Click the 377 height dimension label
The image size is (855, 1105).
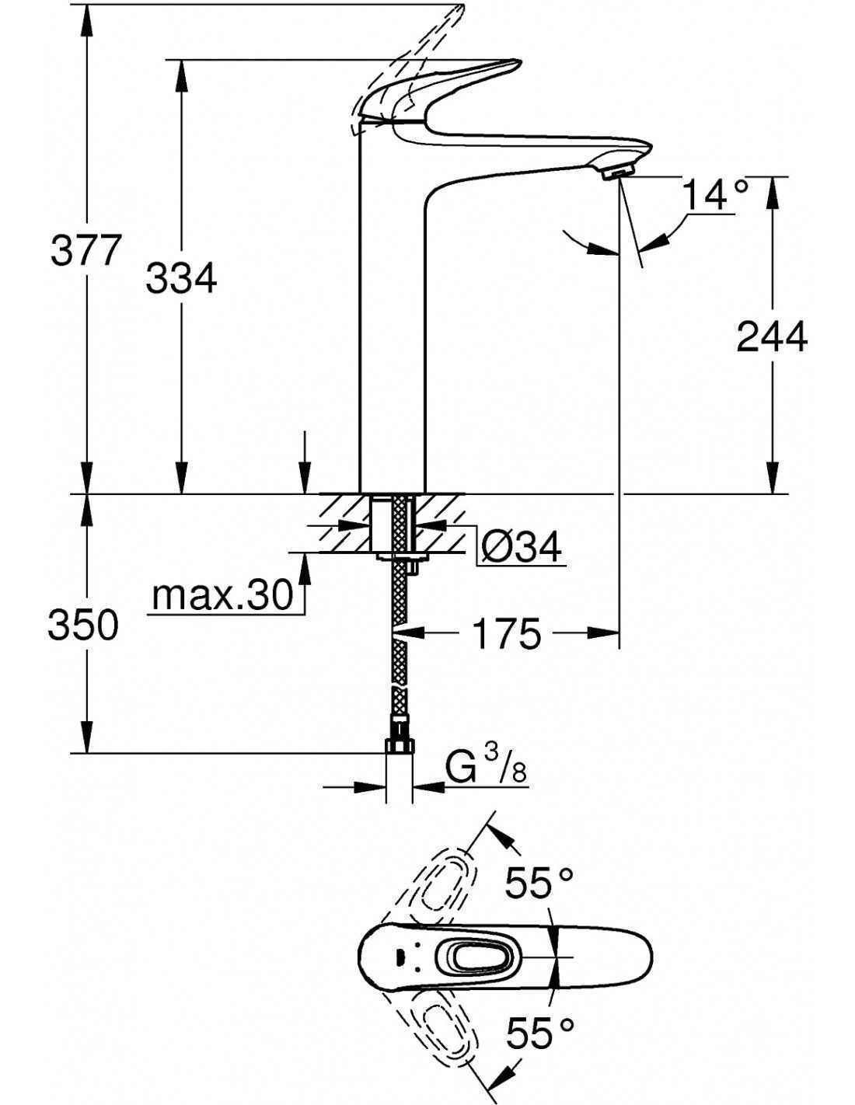click(85, 250)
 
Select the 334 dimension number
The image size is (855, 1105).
click(181, 277)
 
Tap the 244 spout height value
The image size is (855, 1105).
click(772, 336)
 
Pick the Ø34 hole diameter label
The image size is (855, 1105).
click(520, 546)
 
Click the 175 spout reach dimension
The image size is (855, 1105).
click(507, 633)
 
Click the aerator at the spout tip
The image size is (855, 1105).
click(616, 173)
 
